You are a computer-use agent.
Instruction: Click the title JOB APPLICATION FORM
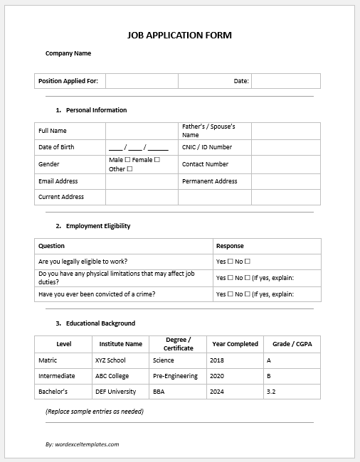click(179, 35)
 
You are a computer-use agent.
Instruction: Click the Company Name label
click(68, 53)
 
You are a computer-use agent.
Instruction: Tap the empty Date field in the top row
click(285, 81)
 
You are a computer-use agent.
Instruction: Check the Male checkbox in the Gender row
click(127, 160)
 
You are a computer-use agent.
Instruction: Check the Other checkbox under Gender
click(129, 169)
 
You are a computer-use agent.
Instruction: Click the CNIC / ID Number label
click(207, 147)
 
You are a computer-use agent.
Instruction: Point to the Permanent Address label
click(209, 181)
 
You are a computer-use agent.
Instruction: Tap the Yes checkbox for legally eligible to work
click(230, 262)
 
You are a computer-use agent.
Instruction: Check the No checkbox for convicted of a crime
click(248, 294)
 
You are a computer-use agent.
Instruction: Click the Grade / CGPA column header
click(292, 344)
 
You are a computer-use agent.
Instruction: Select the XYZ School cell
click(110, 360)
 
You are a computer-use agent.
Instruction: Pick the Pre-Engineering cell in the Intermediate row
click(175, 376)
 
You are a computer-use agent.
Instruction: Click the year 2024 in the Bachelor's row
click(217, 392)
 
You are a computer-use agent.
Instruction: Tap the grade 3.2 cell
click(271, 392)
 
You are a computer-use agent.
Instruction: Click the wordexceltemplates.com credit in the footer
click(82, 444)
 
